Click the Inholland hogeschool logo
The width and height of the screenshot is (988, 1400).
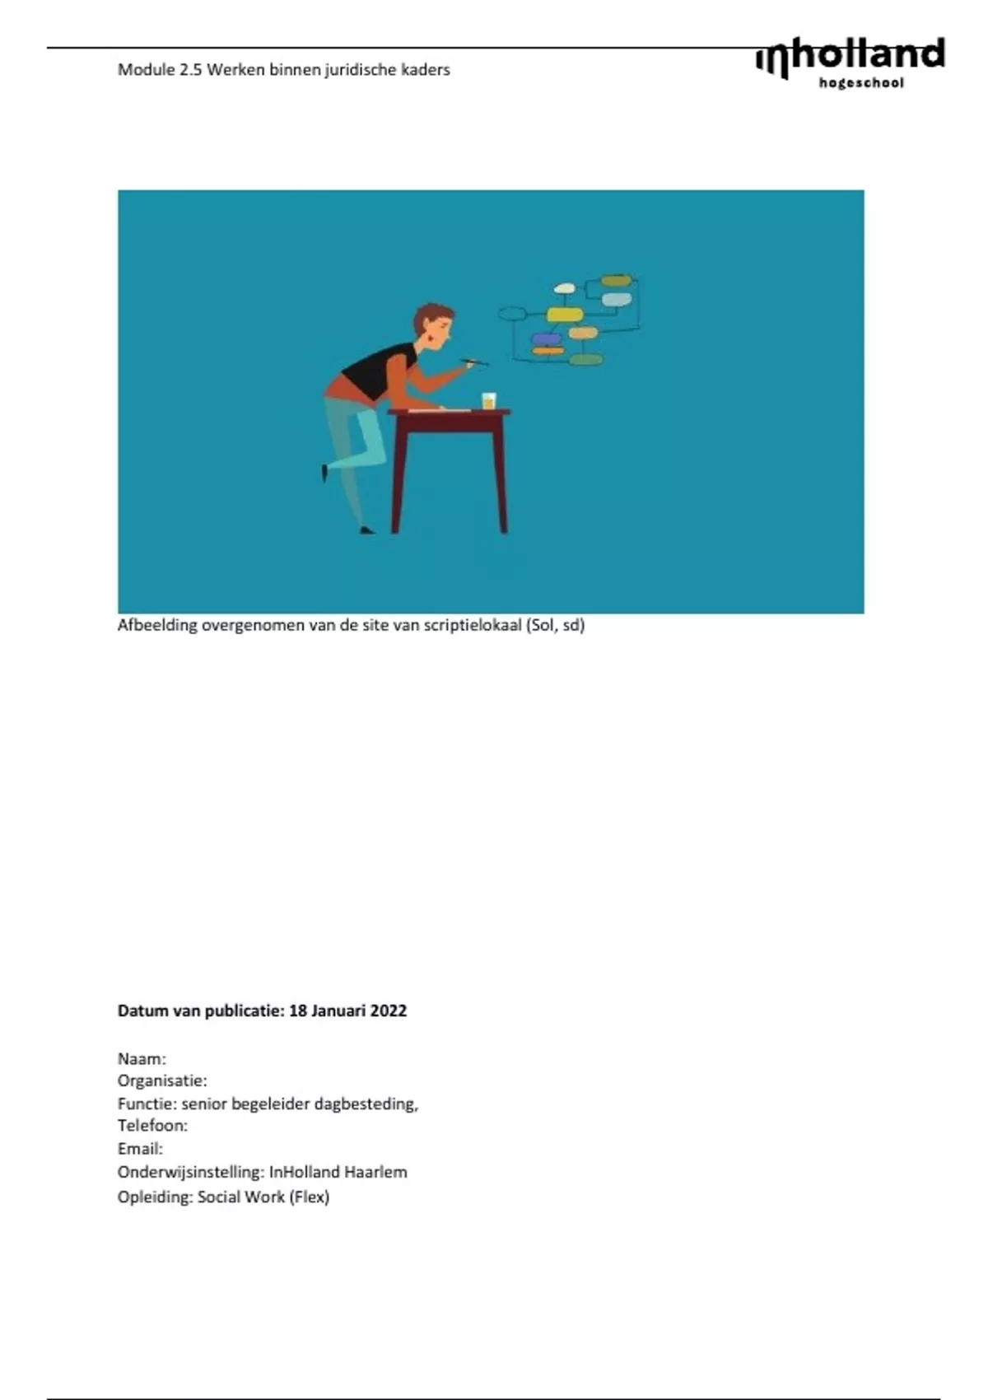850,63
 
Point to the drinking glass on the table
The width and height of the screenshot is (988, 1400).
488,400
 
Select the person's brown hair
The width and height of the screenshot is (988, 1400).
431,317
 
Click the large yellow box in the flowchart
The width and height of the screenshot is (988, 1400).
565,314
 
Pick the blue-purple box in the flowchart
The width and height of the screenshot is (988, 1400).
546,338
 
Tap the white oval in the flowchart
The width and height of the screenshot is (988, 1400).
564,288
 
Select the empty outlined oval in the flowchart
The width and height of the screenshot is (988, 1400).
512,314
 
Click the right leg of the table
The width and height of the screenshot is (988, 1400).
500,474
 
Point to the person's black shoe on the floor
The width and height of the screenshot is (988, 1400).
367,530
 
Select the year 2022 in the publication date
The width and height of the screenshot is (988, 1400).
388,1010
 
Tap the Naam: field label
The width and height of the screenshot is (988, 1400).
142,1059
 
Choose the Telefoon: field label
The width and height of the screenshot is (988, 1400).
152,1126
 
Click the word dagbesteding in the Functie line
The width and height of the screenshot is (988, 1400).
366,1104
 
